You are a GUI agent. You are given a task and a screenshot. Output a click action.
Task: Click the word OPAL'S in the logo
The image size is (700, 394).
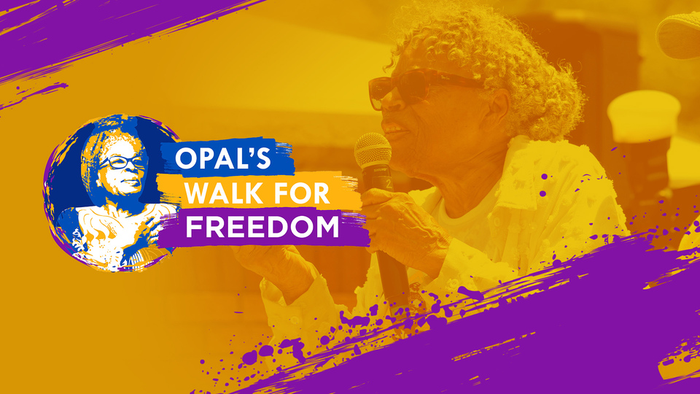[x=223, y=158]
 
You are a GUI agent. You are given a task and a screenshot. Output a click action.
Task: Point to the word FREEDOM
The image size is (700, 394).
[x=262, y=226]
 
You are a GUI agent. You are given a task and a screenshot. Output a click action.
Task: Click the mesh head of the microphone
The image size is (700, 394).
[x=373, y=151]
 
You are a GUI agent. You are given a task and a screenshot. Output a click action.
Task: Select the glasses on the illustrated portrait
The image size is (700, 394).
[x=120, y=162]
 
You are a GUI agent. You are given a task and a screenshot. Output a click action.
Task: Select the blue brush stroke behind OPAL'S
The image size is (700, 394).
[x=227, y=158]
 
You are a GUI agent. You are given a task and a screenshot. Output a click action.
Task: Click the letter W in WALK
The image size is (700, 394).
[x=198, y=193]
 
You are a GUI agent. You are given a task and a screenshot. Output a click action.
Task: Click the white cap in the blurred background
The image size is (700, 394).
[x=644, y=115]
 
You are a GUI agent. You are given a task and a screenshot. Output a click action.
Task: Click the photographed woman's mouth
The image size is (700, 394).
[x=395, y=131]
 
